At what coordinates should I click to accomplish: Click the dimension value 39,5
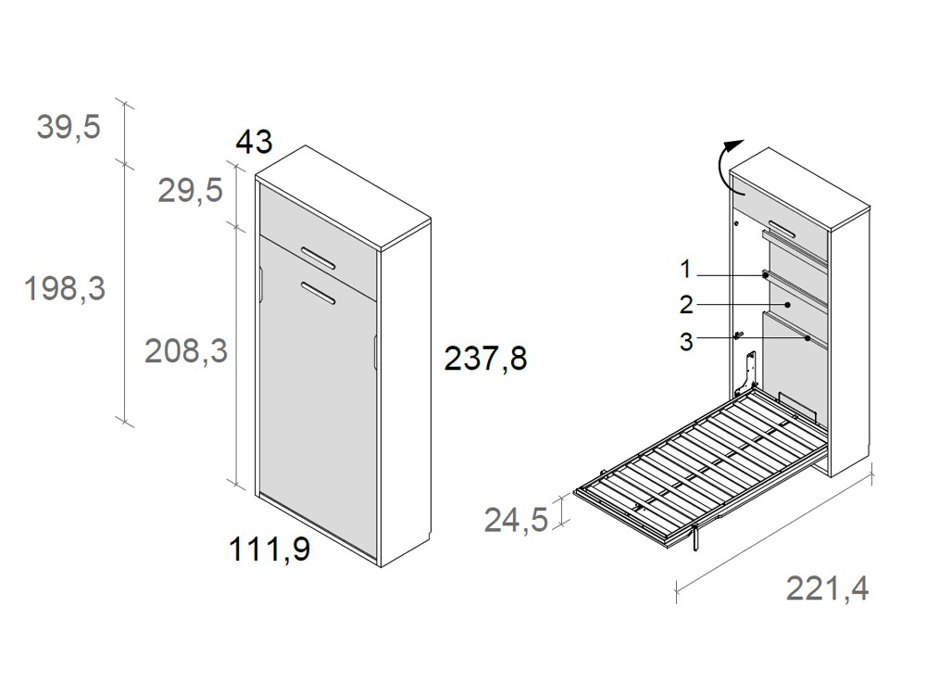pyautogui.click(x=69, y=127)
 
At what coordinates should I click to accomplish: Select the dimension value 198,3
pyautogui.click(x=65, y=289)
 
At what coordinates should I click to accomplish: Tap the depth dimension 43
pyautogui.click(x=254, y=142)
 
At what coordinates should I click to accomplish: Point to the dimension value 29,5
pyautogui.click(x=189, y=191)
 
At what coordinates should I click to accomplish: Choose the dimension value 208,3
pyautogui.click(x=185, y=350)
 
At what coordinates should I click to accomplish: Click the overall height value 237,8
pyautogui.click(x=485, y=358)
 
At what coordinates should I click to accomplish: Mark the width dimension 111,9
pyautogui.click(x=269, y=551)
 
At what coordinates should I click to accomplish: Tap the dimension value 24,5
pyautogui.click(x=516, y=520)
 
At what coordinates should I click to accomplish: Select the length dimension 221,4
pyautogui.click(x=828, y=588)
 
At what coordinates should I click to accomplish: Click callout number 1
pyautogui.click(x=685, y=270)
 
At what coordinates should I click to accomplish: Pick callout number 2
pyautogui.click(x=685, y=305)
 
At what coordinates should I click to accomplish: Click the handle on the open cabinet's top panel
pyautogui.click(x=781, y=228)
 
